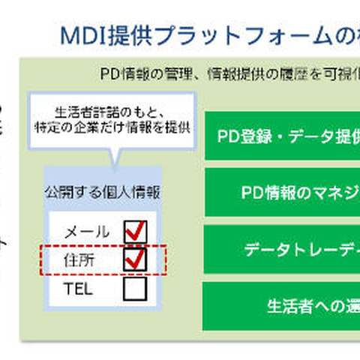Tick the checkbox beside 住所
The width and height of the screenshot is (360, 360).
point(134,259)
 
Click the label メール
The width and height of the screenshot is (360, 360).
point(87,232)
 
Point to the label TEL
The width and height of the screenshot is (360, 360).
point(79,289)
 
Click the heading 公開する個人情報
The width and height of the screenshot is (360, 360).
point(101,190)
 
